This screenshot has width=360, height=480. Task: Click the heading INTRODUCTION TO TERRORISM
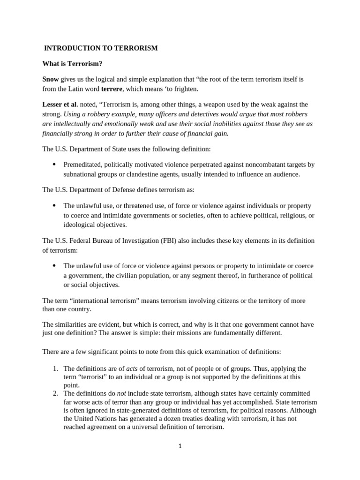point(101,48)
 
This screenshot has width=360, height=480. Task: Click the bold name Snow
point(51,79)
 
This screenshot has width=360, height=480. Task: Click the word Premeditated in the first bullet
point(82,165)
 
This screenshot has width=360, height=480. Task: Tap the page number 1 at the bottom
point(180,446)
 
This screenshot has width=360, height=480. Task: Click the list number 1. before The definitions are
point(55,368)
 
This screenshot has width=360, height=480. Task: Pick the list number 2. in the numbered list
point(55,393)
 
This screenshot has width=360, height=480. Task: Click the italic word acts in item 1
point(133,368)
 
